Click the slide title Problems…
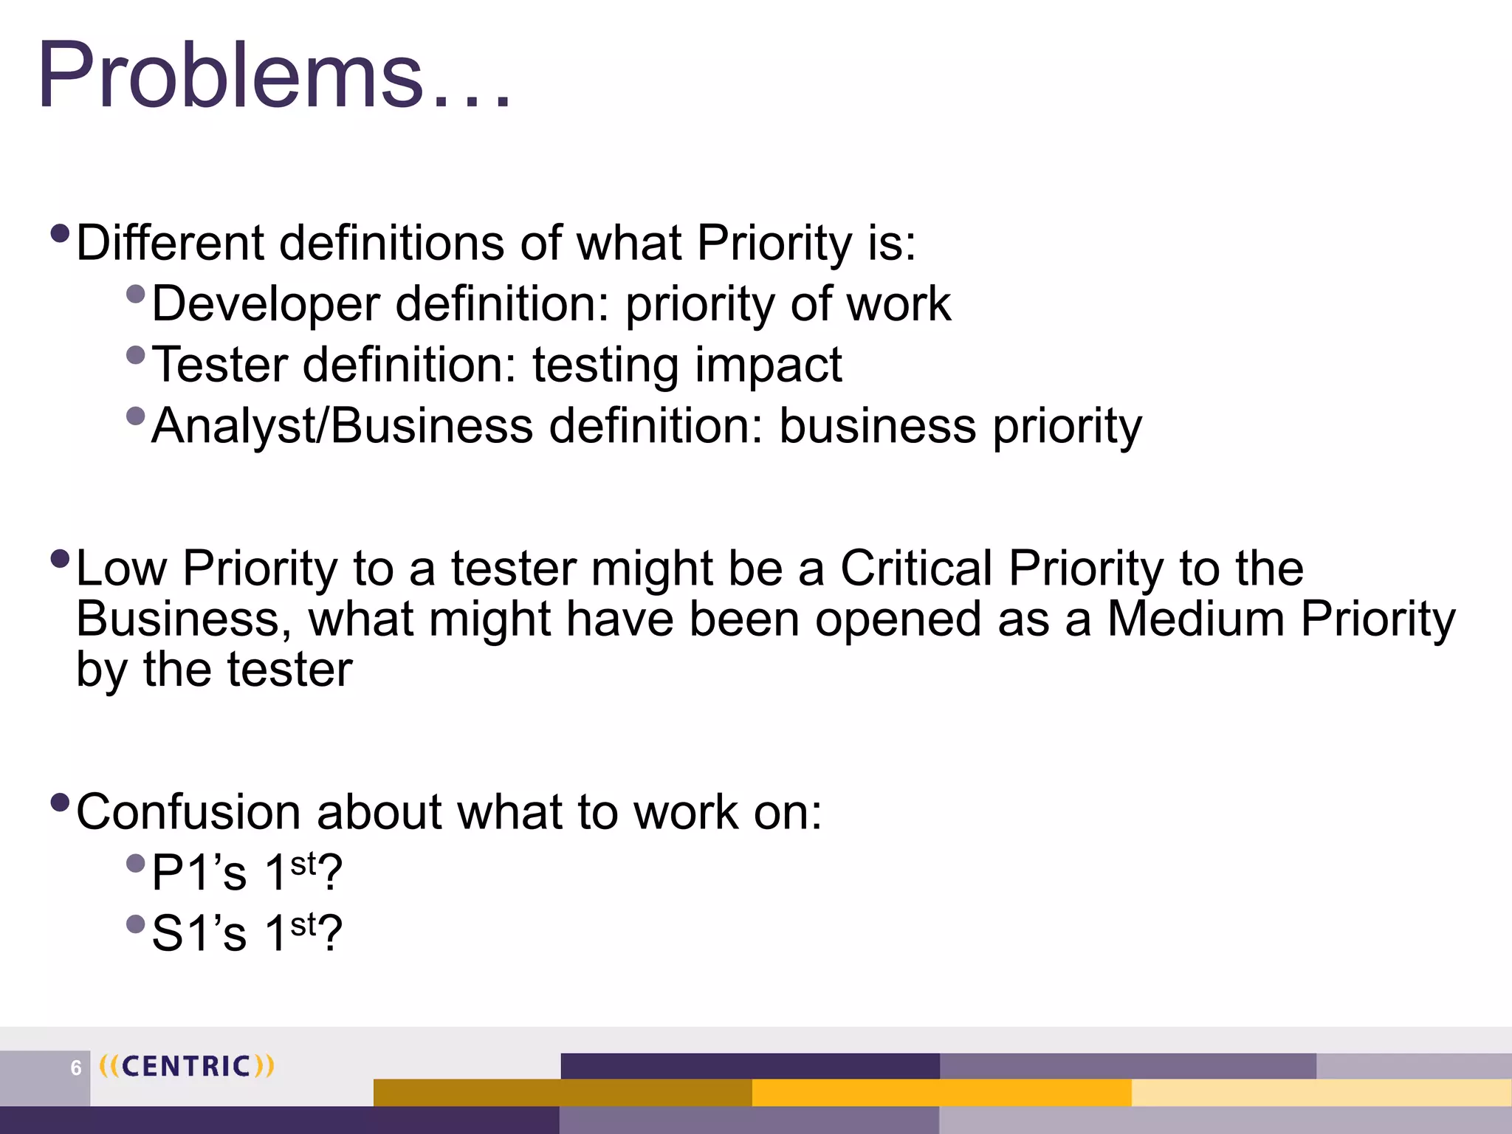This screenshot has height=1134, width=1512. [x=273, y=76]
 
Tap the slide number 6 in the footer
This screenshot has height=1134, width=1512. [x=75, y=1068]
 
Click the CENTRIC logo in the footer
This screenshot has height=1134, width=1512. [x=187, y=1066]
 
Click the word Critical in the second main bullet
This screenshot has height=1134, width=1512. [x=916, y=568]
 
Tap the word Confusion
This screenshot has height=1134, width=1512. [x=188, y=812]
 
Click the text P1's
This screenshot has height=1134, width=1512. [x=199, y=873]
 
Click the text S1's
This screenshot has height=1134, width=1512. [x=199, y=934]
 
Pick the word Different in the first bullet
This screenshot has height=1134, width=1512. [x=170, y=243]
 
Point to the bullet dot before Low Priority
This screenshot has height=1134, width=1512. [x=61, y=558]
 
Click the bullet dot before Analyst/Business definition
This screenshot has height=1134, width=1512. [x=136, y=416]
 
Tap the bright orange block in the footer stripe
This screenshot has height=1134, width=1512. [x=941, y=1092]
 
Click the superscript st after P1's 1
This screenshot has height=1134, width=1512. [x=303, y=863]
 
